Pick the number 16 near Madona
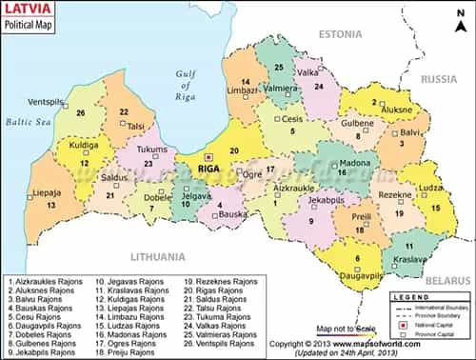[x=341, y=171]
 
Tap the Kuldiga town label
[x=57, y=148]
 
